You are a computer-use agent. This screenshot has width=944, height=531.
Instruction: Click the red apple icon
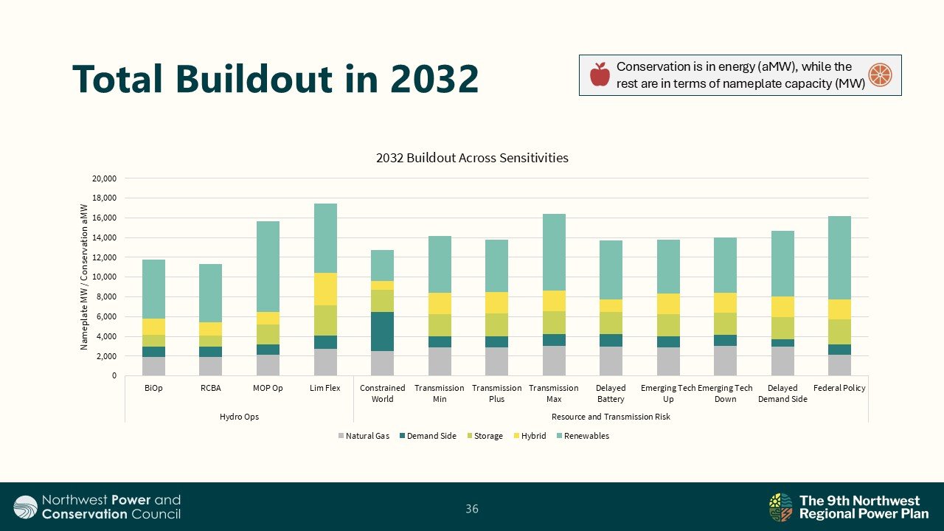coord(600,74)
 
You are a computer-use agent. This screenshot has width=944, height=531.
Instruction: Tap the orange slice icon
coord(880,74)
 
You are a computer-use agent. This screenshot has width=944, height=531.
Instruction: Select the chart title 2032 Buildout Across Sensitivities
coord(472,158)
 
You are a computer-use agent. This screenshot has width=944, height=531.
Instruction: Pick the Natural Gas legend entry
coord(364,436)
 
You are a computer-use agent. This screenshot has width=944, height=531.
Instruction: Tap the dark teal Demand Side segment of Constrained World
coord(382,331)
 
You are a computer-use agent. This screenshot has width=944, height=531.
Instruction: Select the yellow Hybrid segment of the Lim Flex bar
coord(325,289)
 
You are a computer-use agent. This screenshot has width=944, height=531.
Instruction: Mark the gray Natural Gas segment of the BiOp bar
coord(153,367)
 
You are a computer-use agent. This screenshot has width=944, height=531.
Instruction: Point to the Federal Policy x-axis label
coord(839,388)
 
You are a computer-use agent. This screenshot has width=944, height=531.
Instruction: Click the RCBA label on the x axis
coord(211,388)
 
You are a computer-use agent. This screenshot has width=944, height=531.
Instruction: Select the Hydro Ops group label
coord(239,417)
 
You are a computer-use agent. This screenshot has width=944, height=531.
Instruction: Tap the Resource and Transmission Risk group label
coord(611,417)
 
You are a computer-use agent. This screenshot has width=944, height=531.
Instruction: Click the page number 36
coord(472,508)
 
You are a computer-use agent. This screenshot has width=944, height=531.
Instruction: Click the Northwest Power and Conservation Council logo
coord(97,507)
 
